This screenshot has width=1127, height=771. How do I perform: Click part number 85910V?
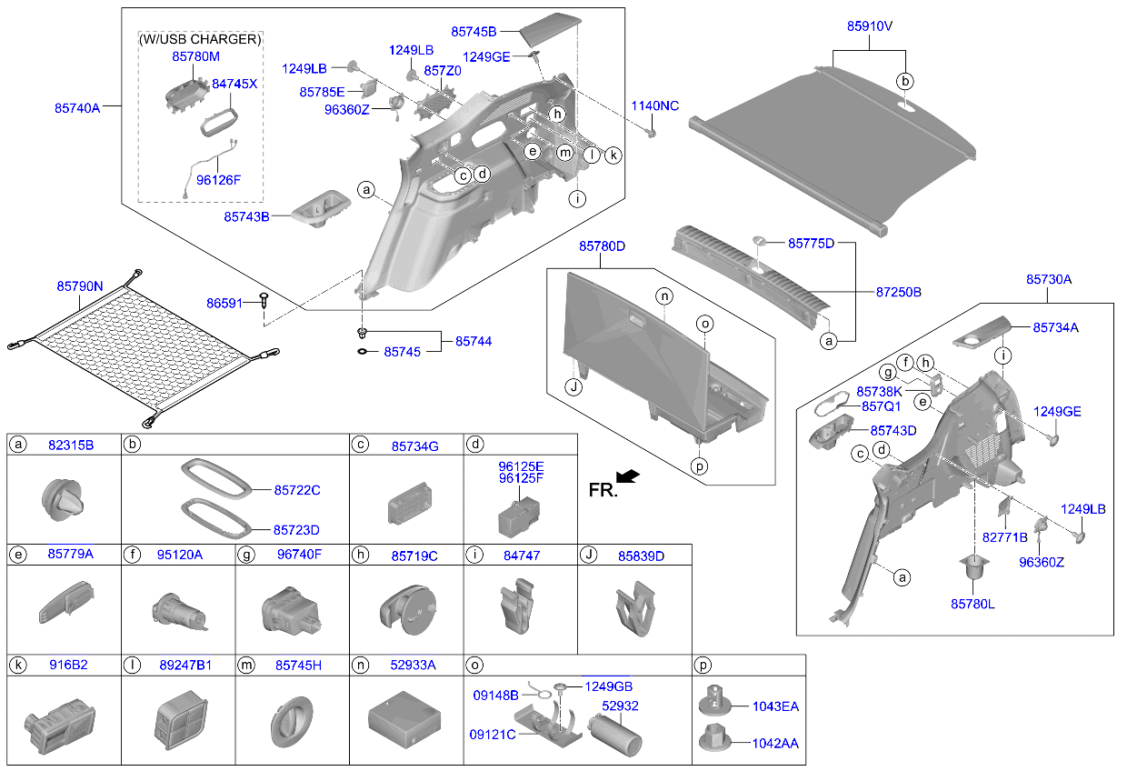tap(870, 27)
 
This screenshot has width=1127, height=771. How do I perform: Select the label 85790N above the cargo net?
tap(80, 286)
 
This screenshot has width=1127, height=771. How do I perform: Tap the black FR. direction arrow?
tap(627, 476)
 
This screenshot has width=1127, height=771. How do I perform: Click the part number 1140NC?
tap(655, 106)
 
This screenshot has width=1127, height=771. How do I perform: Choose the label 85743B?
tap(246, 217)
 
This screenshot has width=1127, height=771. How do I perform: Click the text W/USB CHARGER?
tap(200, 39)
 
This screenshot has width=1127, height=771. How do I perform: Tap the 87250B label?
tap(899, 292)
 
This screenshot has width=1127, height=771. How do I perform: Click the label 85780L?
tap(972, 604)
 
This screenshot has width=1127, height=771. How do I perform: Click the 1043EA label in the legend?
tap(775, 706)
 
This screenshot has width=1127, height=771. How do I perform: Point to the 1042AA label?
tap(775, 743)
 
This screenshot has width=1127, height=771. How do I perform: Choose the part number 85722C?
tap(297, 490)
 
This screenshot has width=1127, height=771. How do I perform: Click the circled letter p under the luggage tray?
tap(700, 466)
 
